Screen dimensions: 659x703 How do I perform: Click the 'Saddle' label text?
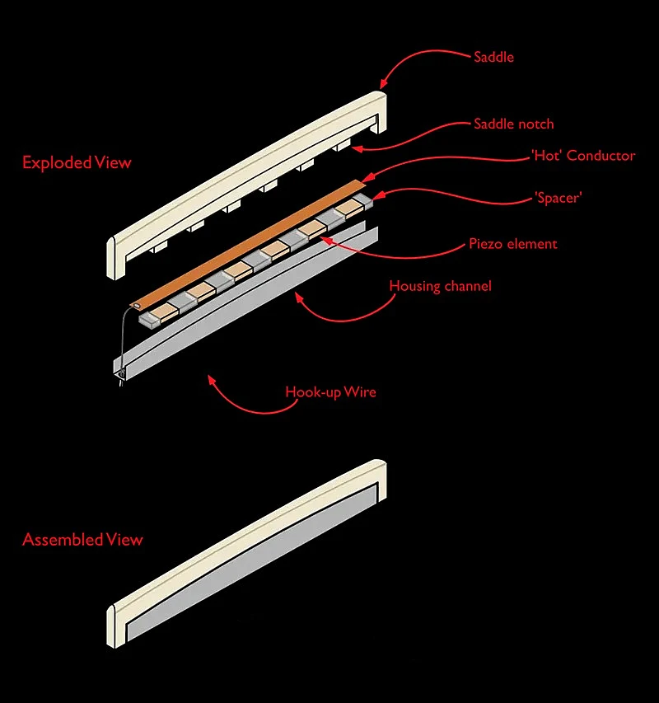tap(493, 57)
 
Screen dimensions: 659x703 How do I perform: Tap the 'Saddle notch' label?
tap(514, 124)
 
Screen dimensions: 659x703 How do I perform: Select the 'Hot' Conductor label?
tap(583, 156)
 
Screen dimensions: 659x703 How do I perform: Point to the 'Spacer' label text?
tap(558, 198)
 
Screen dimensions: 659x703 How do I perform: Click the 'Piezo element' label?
tap(513, 244)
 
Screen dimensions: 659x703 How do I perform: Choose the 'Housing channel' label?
tap(441, 286)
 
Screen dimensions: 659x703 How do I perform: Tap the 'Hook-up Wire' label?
tap(330, 392)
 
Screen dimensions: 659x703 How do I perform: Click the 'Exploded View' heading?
tap(77, 162)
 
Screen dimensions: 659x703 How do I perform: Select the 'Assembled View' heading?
tap(82, 539)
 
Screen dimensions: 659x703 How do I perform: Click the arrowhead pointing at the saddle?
tap(382, 84)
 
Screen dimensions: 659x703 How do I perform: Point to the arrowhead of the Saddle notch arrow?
tap(357, 148)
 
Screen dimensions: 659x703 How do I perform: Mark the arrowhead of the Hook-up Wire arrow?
tap(212, 380)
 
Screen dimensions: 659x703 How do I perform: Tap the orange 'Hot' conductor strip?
tap(247, 244)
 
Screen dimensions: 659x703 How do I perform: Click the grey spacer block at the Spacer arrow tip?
tap(363, 201)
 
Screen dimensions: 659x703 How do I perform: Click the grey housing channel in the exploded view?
tap(246, 300)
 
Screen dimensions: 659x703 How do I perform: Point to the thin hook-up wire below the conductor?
tap(124, 340)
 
